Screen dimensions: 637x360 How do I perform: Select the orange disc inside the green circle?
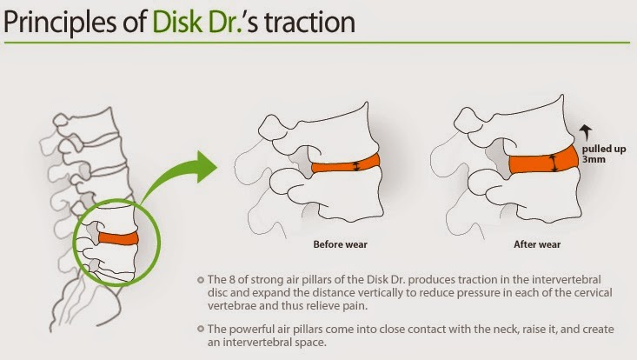coord(116,237)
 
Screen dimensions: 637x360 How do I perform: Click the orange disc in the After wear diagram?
coord(543,162)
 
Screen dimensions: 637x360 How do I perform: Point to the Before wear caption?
coord(341,244)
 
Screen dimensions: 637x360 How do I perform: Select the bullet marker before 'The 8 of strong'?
coord(201,279)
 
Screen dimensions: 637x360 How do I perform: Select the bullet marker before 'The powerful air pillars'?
coord(201,330)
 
